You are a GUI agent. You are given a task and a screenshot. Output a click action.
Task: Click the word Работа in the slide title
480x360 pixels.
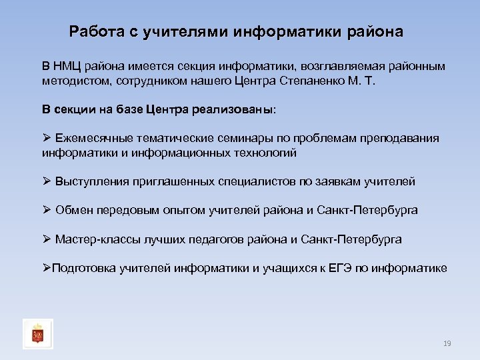pos(94,32)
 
